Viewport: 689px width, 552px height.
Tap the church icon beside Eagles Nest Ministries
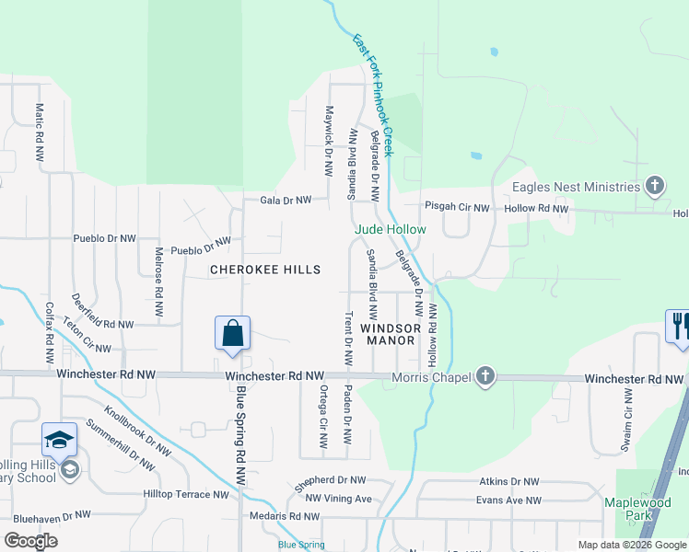click(655, 187)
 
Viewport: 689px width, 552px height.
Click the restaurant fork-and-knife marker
click(679, 327)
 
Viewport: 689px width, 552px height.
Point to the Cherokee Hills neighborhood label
click(265, 270)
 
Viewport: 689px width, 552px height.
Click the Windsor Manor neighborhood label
click(391, 334)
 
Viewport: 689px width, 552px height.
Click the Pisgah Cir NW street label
click(457, 208)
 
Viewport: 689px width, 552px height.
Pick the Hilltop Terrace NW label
click(185, 494)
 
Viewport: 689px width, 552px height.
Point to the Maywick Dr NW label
click(328, 142)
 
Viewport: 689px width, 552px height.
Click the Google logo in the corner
click(31, 541)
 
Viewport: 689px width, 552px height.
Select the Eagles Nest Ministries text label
click(576, 187)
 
